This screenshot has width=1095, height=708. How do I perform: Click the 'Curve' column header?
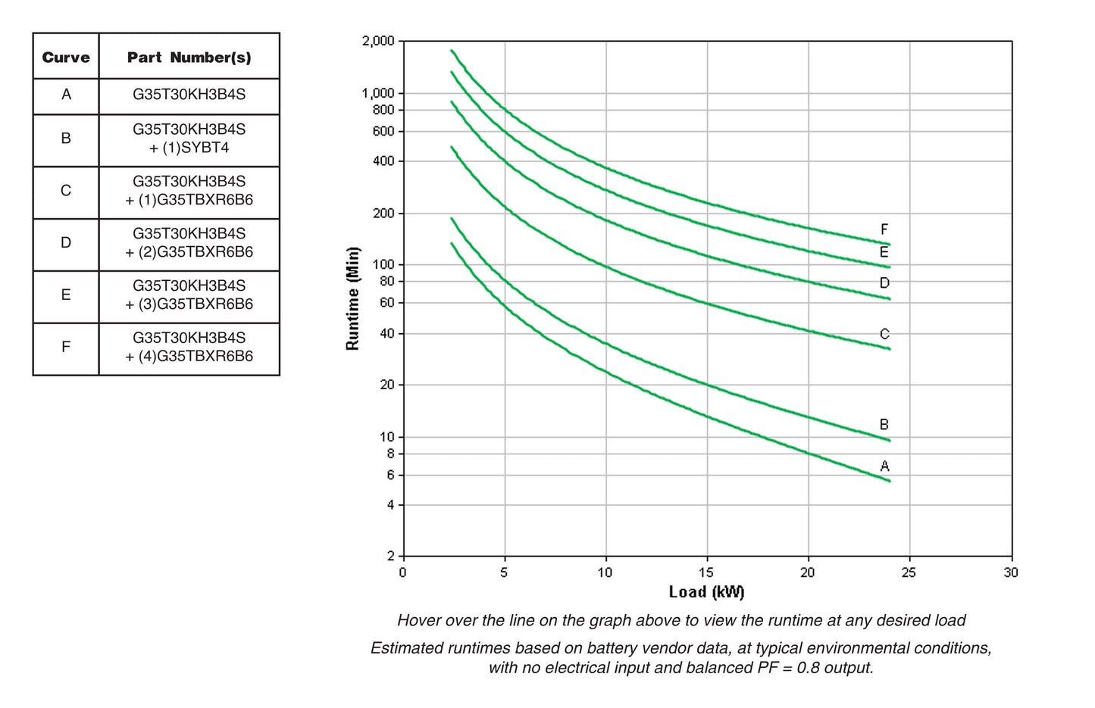[x=66, y=57]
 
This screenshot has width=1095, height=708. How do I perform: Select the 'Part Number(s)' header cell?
[x=189, y=57]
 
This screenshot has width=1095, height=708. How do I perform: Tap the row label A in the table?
[x=66, y=95]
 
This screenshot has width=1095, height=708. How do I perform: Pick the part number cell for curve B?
[x=189, y=139]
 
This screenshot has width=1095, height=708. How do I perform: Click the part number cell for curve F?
[x=189, y=347]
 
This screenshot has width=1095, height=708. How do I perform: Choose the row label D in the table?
[x=66, y=242]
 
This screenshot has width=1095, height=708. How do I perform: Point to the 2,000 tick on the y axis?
[x=378, y=41]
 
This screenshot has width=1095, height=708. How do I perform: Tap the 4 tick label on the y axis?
[x=390, y=504]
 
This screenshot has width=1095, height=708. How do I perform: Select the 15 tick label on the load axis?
[x=705, y=572]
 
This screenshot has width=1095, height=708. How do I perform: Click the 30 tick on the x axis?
[x=1010, y=572]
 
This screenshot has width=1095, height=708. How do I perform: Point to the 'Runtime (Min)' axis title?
[x=352, y=298]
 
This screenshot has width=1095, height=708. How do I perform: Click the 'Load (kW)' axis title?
[x=706, y=592]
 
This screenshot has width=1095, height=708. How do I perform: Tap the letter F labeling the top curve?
[x=884, y=229]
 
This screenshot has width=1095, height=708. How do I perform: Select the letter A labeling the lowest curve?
[x=884, y=466]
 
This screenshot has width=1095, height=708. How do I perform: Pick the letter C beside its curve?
[x=884, y=334]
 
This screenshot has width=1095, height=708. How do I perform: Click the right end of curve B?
[x=889, y=440]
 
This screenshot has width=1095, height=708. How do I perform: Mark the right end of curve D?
[x=889, y=298]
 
